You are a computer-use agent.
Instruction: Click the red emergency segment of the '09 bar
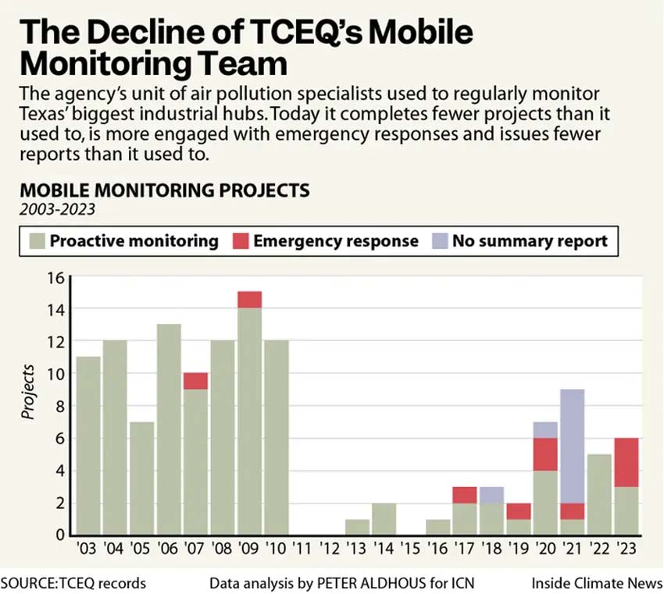click(x=249, y=300)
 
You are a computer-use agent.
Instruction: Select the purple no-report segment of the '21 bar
click(x=573, y=446)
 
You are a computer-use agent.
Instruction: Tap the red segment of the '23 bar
click(x=626, y=462)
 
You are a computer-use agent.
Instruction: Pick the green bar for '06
click(x=169, y=429)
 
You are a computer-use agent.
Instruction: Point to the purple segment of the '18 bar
click(x=491, y=495)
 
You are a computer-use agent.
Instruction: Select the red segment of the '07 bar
click(x=195, y=381)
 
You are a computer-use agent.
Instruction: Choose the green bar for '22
click(x=599, y=494)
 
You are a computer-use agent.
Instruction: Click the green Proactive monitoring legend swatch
click(x=36, y=240)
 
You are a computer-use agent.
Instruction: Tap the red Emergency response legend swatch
click(x=240, y=240)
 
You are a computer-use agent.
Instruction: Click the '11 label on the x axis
click(x=303, y=550)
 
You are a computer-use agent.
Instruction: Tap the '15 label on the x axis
click(x=411, y=550)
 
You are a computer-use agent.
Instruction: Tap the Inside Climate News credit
click(x=597, y=583)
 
